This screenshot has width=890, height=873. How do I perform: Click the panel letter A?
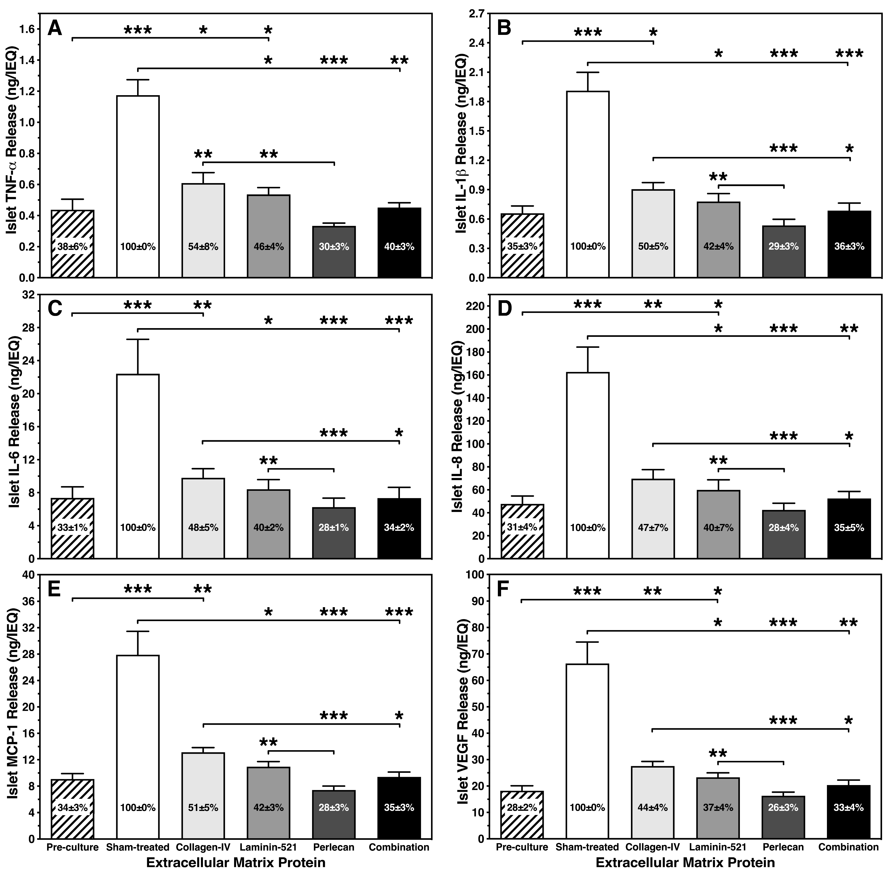point(55,29)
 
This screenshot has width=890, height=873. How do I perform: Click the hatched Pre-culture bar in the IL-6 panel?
point(73,527)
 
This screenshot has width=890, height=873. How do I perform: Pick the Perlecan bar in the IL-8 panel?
point(784,534)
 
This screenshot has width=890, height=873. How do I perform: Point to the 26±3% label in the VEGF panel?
point(784,808)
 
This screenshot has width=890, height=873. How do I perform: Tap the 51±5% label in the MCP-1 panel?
point(203,808)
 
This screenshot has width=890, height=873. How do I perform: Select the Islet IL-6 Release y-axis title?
point(14,427)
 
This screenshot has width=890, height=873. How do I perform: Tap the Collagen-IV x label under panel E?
point(203,847)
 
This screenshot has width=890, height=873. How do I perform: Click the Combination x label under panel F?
point(849,847)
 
